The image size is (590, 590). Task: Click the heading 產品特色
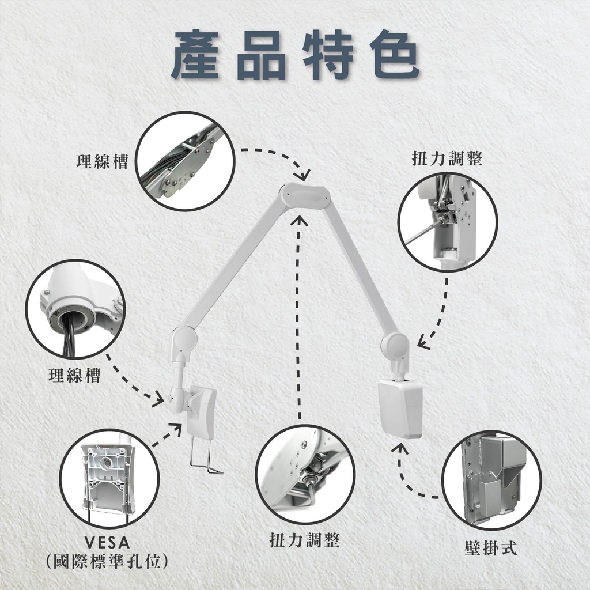pos(296,55)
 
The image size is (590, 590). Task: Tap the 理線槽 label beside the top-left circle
pos(103,161)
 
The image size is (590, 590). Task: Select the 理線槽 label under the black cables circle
pos(75,375)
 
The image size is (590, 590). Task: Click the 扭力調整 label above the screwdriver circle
pos(447,158)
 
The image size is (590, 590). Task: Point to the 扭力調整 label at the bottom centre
pos(305,540)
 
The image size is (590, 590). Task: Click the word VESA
pos(107,543)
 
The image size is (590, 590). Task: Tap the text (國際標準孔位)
pos(107,561)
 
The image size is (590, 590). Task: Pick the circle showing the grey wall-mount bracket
pos(491,481)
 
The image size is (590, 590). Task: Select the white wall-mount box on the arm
pos(400,409)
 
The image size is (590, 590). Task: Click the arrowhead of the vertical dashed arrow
pos(300,221)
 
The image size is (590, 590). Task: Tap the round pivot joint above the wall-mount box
pos(394,343)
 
